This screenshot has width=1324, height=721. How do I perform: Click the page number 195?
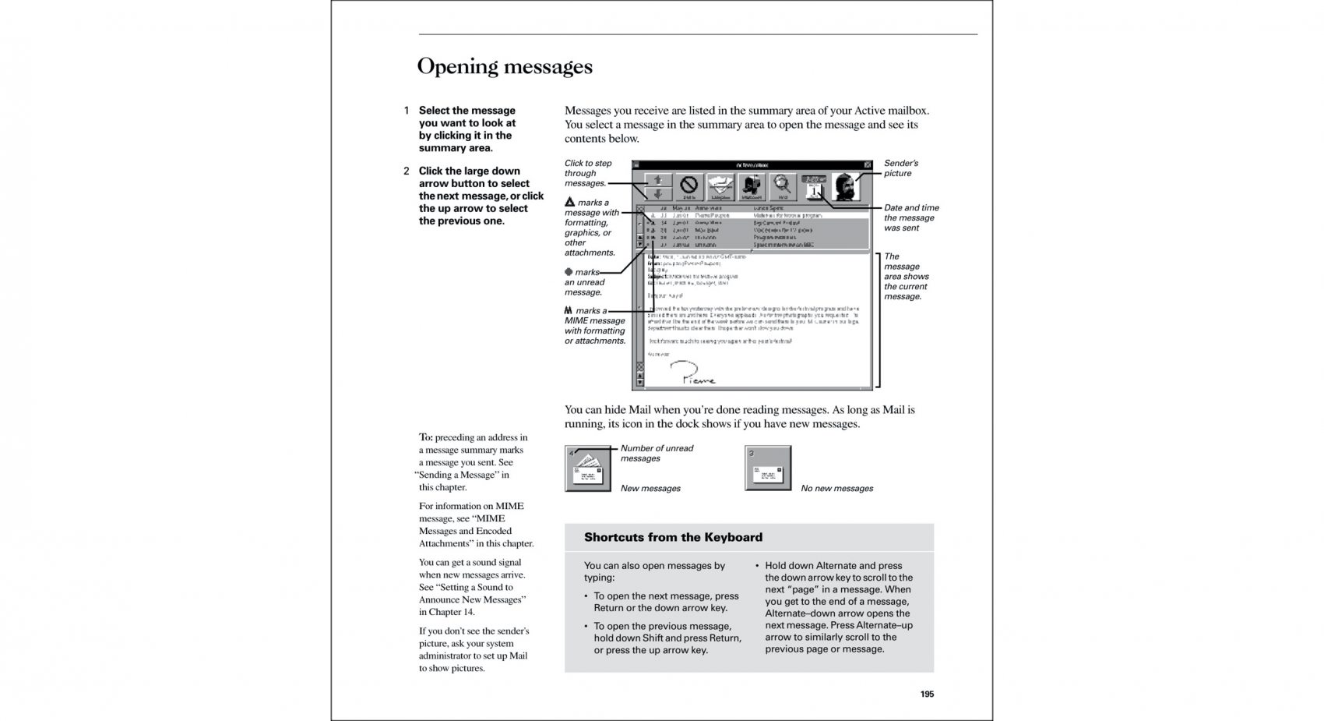coord(927,694)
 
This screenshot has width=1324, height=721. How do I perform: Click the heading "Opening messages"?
coord(505,66)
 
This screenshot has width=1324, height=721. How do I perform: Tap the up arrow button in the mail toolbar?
coord(659,180)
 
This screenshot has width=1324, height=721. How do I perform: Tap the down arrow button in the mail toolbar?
coord(659,193)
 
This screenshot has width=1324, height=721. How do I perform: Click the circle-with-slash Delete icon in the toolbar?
coord(689,186)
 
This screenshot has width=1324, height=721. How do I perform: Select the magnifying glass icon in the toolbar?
coord(783,186)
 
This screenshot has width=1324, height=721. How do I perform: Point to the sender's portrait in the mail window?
coord(846,186)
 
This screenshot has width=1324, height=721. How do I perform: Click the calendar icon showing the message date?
coord(814,187)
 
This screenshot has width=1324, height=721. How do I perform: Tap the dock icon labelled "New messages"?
coord(588,468)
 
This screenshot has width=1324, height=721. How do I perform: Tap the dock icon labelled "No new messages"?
coord(768,468)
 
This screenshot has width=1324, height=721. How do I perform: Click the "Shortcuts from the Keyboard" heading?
coord(673,537)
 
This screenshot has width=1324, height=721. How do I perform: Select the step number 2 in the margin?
coord(407,171)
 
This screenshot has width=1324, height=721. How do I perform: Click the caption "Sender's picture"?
coord(900,168)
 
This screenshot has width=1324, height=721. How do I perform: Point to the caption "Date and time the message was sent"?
coord(910,218)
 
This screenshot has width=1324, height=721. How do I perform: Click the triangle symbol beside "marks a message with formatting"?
coord(569,203)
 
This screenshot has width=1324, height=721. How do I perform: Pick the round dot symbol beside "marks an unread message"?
coord(569,272)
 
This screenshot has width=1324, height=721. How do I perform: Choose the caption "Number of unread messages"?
coord(656,454)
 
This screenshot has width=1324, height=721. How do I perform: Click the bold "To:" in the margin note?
coord(425,437)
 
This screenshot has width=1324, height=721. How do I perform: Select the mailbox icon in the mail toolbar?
coord(752,186)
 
